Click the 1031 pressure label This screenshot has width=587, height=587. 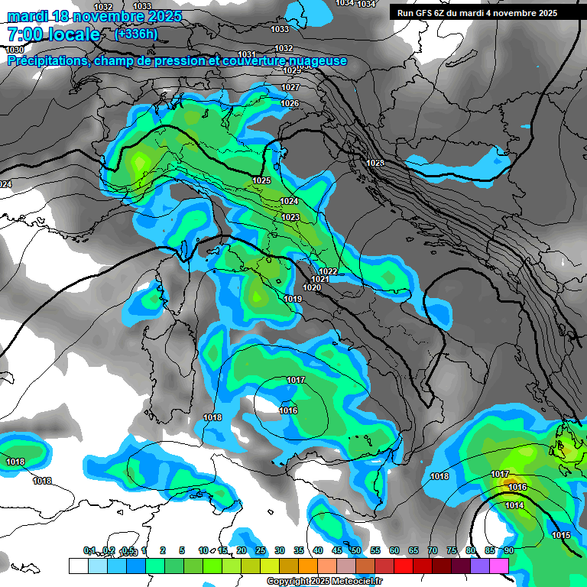pos(246,54)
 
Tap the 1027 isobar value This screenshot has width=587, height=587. pos(290,88)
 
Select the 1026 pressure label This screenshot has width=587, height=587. pos(289,104)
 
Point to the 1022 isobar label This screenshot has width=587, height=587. pos(329,271)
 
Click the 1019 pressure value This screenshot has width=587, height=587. pos(293,299)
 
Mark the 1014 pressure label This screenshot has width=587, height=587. pos(514,505)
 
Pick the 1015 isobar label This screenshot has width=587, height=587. pos(561,535)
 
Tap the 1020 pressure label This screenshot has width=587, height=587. pos(312,287)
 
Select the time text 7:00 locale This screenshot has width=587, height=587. pos(53,34)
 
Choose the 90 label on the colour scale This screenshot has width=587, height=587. pos(508,550)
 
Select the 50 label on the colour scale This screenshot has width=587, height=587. pos(355,550)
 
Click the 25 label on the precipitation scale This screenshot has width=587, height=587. pos(260,550)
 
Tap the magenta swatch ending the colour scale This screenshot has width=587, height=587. pos(498,566)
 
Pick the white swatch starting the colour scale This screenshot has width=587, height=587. pos(78,566)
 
